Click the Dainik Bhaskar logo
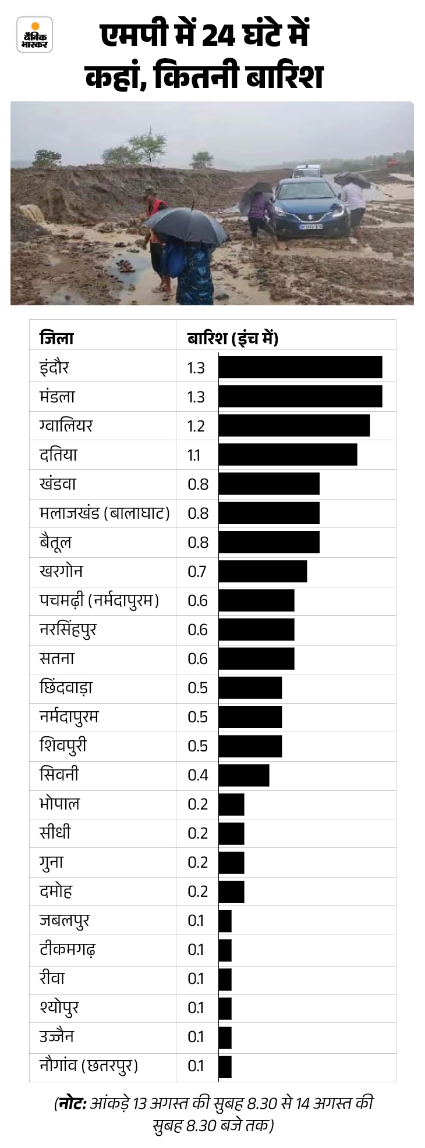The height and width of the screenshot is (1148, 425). click(34, 34)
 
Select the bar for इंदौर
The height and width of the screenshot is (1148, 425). click(300, 368)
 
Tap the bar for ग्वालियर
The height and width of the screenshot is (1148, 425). click(294, 426)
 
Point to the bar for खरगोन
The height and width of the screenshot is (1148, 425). click(263, 571)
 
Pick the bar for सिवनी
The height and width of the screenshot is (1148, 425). click(244, 775)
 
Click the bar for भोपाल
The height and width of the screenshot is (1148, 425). click(231, 804)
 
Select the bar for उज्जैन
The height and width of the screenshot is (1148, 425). click(225, 1037)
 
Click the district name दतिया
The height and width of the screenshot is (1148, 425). click(58, 455)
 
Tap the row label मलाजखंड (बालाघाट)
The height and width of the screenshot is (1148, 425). click(104, 513)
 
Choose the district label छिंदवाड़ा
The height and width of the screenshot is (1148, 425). click(66, 687)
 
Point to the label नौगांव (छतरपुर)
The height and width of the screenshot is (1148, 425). click(88, 1066)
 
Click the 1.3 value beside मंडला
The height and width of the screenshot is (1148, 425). click(196, 397)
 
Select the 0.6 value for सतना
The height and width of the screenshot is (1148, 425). click(197, 658)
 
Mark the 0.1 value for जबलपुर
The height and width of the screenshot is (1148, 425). click(196, 921)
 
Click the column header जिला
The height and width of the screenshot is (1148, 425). click(56, 338)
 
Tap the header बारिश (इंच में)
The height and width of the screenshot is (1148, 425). click(232, 338)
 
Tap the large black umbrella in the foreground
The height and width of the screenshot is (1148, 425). click(186, 225)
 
